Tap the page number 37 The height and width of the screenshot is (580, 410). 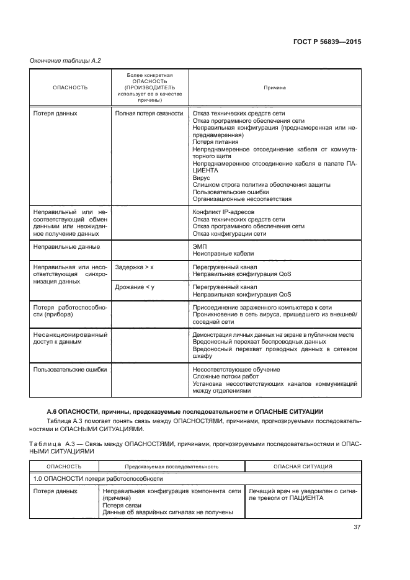pyautogui.click(x=356, y=528)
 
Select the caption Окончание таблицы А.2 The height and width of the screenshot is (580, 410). pyautogui.click(x=65, y=60)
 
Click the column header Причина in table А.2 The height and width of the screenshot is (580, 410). pyautogui.click(x=274, y=87)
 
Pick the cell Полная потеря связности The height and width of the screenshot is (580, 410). pyautogui.click(x=149, y=114)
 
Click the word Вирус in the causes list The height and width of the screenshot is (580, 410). pyautogui.click(x=202, y=177)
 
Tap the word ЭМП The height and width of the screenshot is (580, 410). pyautogui.click(x=200, y=246)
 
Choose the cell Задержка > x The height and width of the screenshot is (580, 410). pyautogui.click(x=134, y=266)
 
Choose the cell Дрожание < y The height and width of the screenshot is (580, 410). pyautogui.click(x=135, y=287)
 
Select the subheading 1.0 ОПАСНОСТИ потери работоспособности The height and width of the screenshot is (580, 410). pyautogui.click(x=99, y=479)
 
